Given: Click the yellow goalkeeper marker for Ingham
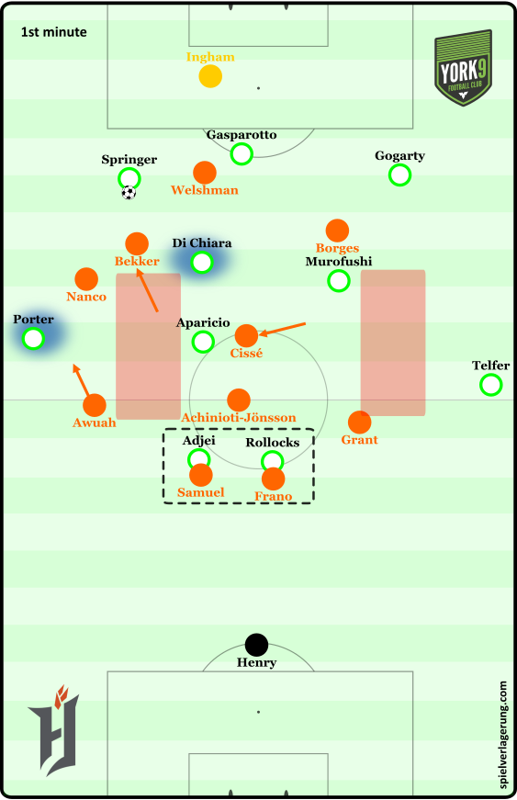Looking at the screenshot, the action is click(x=210, y=76).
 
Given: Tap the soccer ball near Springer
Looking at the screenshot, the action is click(x=129, y=193).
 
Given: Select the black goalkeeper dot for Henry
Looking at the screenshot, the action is click(x=256, y=645).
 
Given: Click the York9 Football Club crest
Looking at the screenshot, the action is click(x=463, y=68).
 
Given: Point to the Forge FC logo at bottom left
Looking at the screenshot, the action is click(x=53, y=730).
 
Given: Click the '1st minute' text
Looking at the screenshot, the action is click(x=53, y=32).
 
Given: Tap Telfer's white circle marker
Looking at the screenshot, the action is click(x=491, y=385).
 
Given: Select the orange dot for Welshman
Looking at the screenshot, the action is click(x=205, y=173).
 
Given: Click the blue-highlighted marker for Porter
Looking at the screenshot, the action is click(x=34, y=338).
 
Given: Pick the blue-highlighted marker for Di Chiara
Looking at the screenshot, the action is click(x=202, y=263).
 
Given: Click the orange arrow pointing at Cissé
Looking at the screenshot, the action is click(x=283, y=329).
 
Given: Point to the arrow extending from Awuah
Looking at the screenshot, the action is click(x=81, y=380).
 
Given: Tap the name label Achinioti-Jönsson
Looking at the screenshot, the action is click(x=239, y=417).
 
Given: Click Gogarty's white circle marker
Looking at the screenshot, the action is click(x=399, y=175).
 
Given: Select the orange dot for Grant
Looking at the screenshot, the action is click(x=359, y=422).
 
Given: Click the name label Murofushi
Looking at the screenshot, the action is click(x=339, y=261).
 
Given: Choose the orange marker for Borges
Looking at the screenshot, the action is click(x=337, y=231).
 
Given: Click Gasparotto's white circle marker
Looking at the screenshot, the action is click(x=242, y=153).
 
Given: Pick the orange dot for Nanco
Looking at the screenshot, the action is click(x=86, y=279).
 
